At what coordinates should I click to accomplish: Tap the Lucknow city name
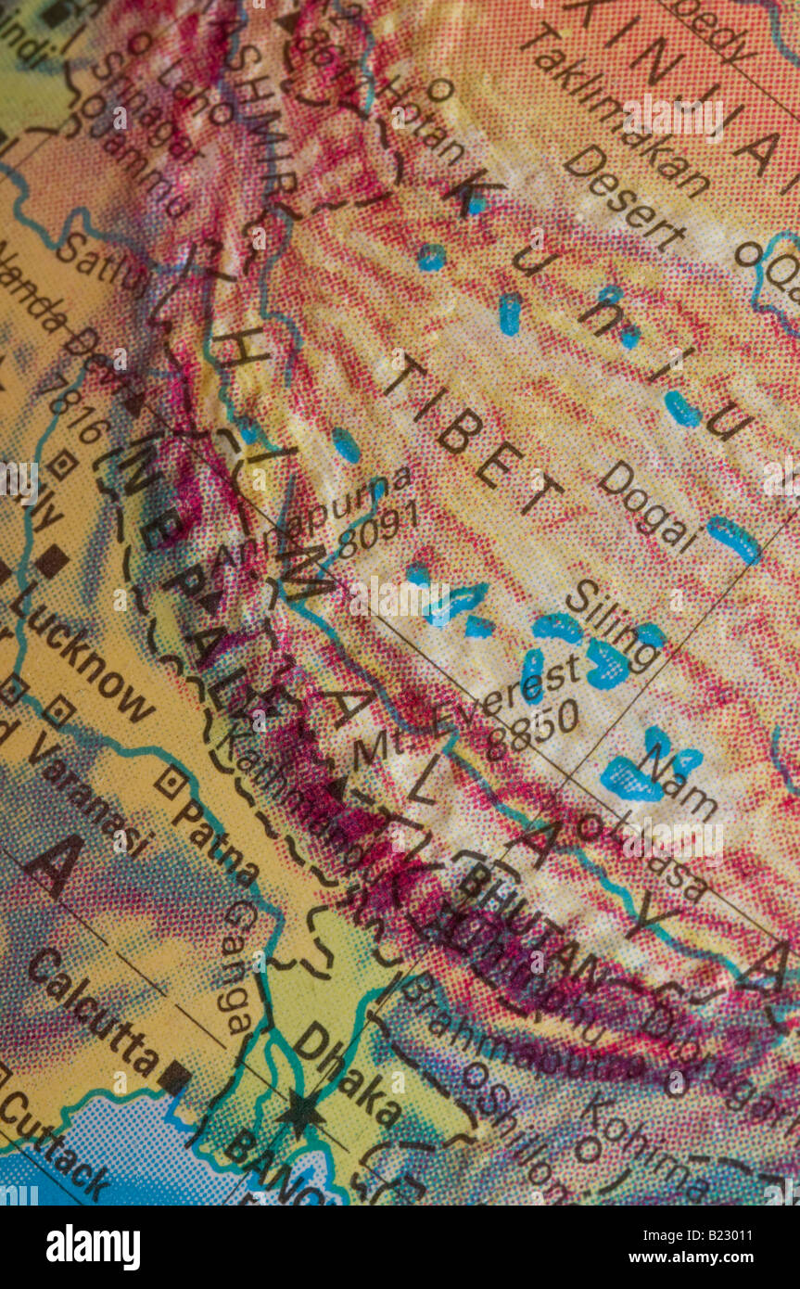click(x=83, y=659)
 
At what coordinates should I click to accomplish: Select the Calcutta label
click(x=92, y=1012)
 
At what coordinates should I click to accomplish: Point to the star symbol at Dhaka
click(x=300, y=1112)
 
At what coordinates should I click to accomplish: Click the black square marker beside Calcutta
click(x=174, y=1077)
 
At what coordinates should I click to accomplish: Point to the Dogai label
click(x=647, y=506)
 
